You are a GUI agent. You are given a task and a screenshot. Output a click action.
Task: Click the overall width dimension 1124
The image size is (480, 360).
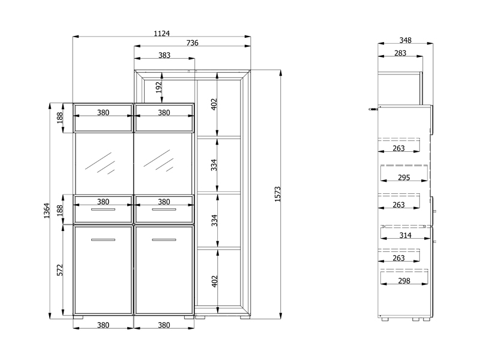(161, 33)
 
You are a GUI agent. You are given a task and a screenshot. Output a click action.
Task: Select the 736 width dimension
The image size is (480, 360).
(192, 43)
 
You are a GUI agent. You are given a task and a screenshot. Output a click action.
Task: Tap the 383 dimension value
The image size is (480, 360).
(164, 55)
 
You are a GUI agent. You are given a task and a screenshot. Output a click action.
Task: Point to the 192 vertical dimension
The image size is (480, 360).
(158, 87)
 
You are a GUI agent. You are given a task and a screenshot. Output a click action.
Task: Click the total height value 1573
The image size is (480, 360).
(277, 194)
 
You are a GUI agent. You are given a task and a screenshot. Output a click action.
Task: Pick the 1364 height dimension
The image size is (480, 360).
(47, 211)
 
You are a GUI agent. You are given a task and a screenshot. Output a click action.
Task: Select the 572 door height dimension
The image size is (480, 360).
(59, 270)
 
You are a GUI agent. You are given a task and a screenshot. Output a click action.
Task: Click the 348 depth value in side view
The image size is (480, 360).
(406, 40)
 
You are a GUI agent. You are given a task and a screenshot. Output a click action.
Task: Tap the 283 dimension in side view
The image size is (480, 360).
(400, 53)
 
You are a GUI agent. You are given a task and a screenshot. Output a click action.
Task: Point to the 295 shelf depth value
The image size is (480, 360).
(404, 178)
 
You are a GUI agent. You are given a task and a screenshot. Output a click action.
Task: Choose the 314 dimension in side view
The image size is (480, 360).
(406, 235)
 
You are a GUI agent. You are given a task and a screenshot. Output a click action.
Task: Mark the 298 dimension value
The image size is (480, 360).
(404, 281)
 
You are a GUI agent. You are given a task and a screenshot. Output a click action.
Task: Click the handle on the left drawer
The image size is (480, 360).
(103, 209)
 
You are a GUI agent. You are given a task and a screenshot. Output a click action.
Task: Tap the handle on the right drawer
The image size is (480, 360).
(164, 209)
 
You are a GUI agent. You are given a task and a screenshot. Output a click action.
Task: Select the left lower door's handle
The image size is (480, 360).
(103, 239)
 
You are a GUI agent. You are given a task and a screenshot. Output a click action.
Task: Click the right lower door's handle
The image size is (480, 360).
(164, 239)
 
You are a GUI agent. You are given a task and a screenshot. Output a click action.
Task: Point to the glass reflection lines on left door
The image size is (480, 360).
(100, 163)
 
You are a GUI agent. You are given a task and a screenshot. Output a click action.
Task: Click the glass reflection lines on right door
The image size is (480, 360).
(158, 161)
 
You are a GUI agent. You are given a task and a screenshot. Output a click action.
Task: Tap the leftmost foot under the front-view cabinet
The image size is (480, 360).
(78, 317)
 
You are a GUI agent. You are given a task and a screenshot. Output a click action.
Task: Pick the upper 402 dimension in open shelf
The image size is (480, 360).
(214, 104)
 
